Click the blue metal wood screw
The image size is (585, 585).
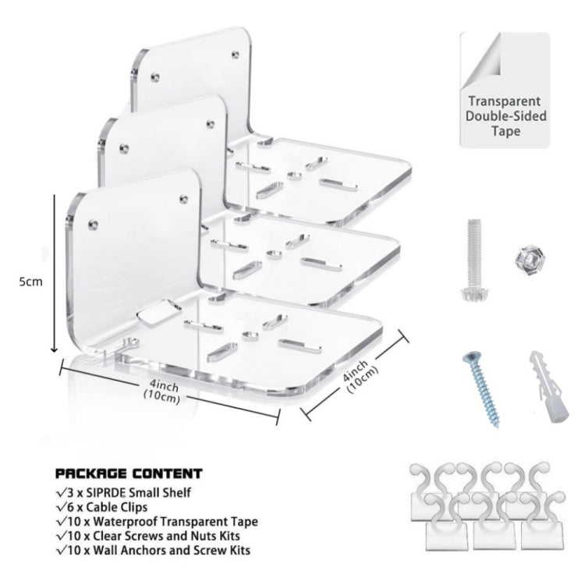pyautogui.click(x=480, y=389)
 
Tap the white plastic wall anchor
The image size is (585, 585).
pyautogui.click(x=548, y=387)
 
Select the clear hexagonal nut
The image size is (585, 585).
pyautogui.click(x=527, y=258)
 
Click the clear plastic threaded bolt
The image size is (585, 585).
pyautogui.click(x=473, y=260)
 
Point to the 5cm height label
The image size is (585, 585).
pyautogui.click(x=31, y=282)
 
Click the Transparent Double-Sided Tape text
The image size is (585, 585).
pyautogui.click(x=505, y=116)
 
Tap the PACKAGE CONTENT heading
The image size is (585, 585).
pyautogui.click(x=129, y=473)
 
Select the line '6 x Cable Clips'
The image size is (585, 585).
pyautogui.click(x=102, y=507)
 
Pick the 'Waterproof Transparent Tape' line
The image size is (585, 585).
pyautogui.click(x=157, y=521)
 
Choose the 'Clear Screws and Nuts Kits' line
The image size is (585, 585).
pyautogui.click(x=148, y=536)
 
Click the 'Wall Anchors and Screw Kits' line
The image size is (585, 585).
pyautogui.click(x=154, y=550)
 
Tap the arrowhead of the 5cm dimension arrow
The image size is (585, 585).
pyautogui.click(x=55, y=349)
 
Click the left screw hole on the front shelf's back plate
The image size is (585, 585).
pyautogui.click(x=93, y=225)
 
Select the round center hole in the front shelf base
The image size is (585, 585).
pyautogui.click(x=250, y=335)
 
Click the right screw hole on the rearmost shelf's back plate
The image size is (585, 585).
pyautogui.click(x=236, y=55)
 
